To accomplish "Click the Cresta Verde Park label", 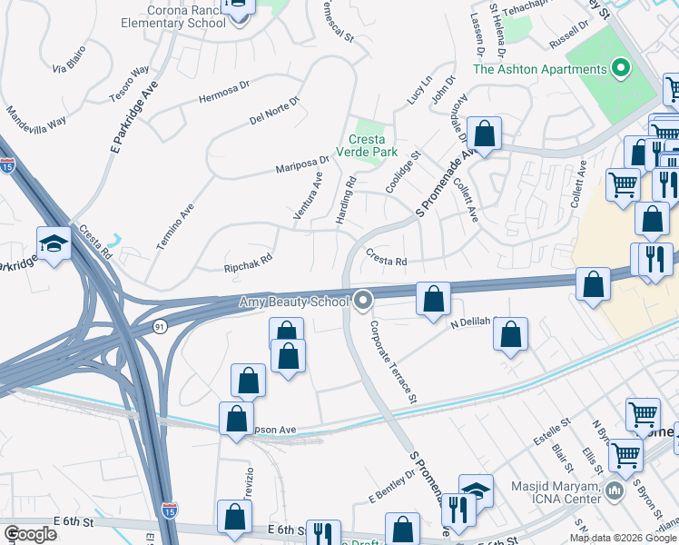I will pyautogui.click(x=373, y=145).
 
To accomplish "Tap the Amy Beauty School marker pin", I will pyautogui.click(x=364, y=300).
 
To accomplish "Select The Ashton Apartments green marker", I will pyautogui.click(x=622, y=68).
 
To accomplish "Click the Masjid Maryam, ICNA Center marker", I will pyautogui.click(x=615, y=492).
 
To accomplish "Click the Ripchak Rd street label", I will pyautogui.click(x=248, y=263).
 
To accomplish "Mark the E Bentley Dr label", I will pyautogui.click(x=391, y=485).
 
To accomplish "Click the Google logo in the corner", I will pyautogui.click(x=30, y=534).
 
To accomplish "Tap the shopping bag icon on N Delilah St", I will pyautogui.click(x=511, y=333).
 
